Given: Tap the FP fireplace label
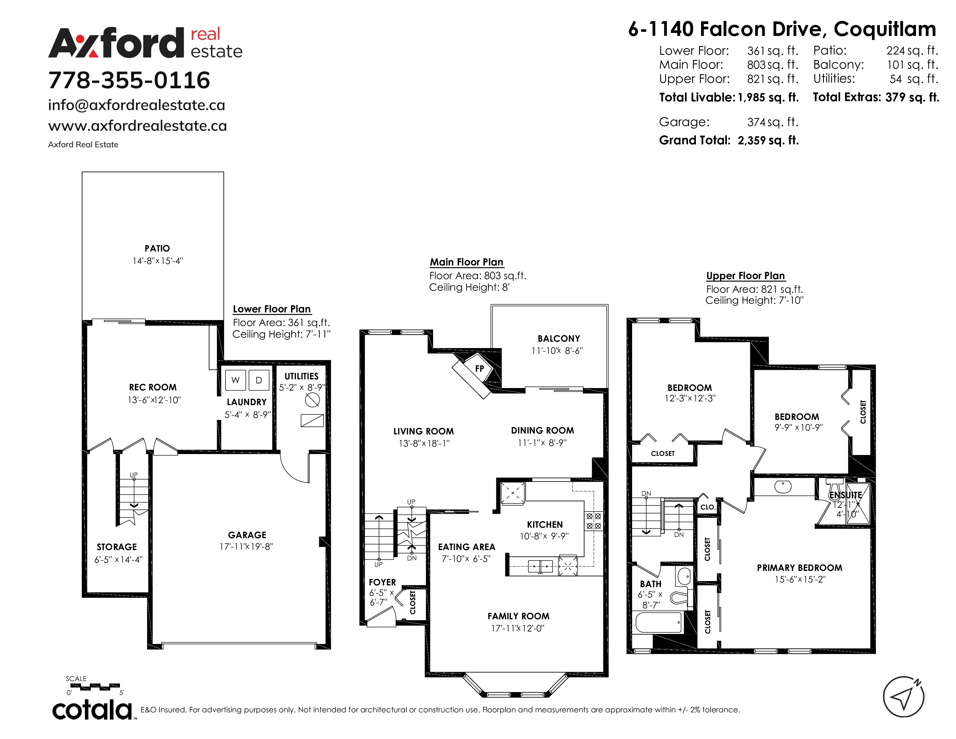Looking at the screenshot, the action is (x=480, y=369).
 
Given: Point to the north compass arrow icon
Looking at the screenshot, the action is (x=904, y=697).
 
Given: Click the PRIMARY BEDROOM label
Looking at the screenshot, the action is (x=799, y=568).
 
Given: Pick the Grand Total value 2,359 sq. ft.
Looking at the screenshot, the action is (x=768, y=141).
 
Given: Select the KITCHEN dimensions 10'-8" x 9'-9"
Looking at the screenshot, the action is (x=544, y=536).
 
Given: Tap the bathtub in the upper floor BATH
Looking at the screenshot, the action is (x=659, y=622).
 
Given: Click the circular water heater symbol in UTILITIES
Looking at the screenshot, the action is (x=312, y=400).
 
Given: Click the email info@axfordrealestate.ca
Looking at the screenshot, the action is (x=136, y=105).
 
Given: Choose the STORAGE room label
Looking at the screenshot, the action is (x=117, y=547).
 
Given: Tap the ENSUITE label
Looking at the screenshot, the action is (x=846, y=495).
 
